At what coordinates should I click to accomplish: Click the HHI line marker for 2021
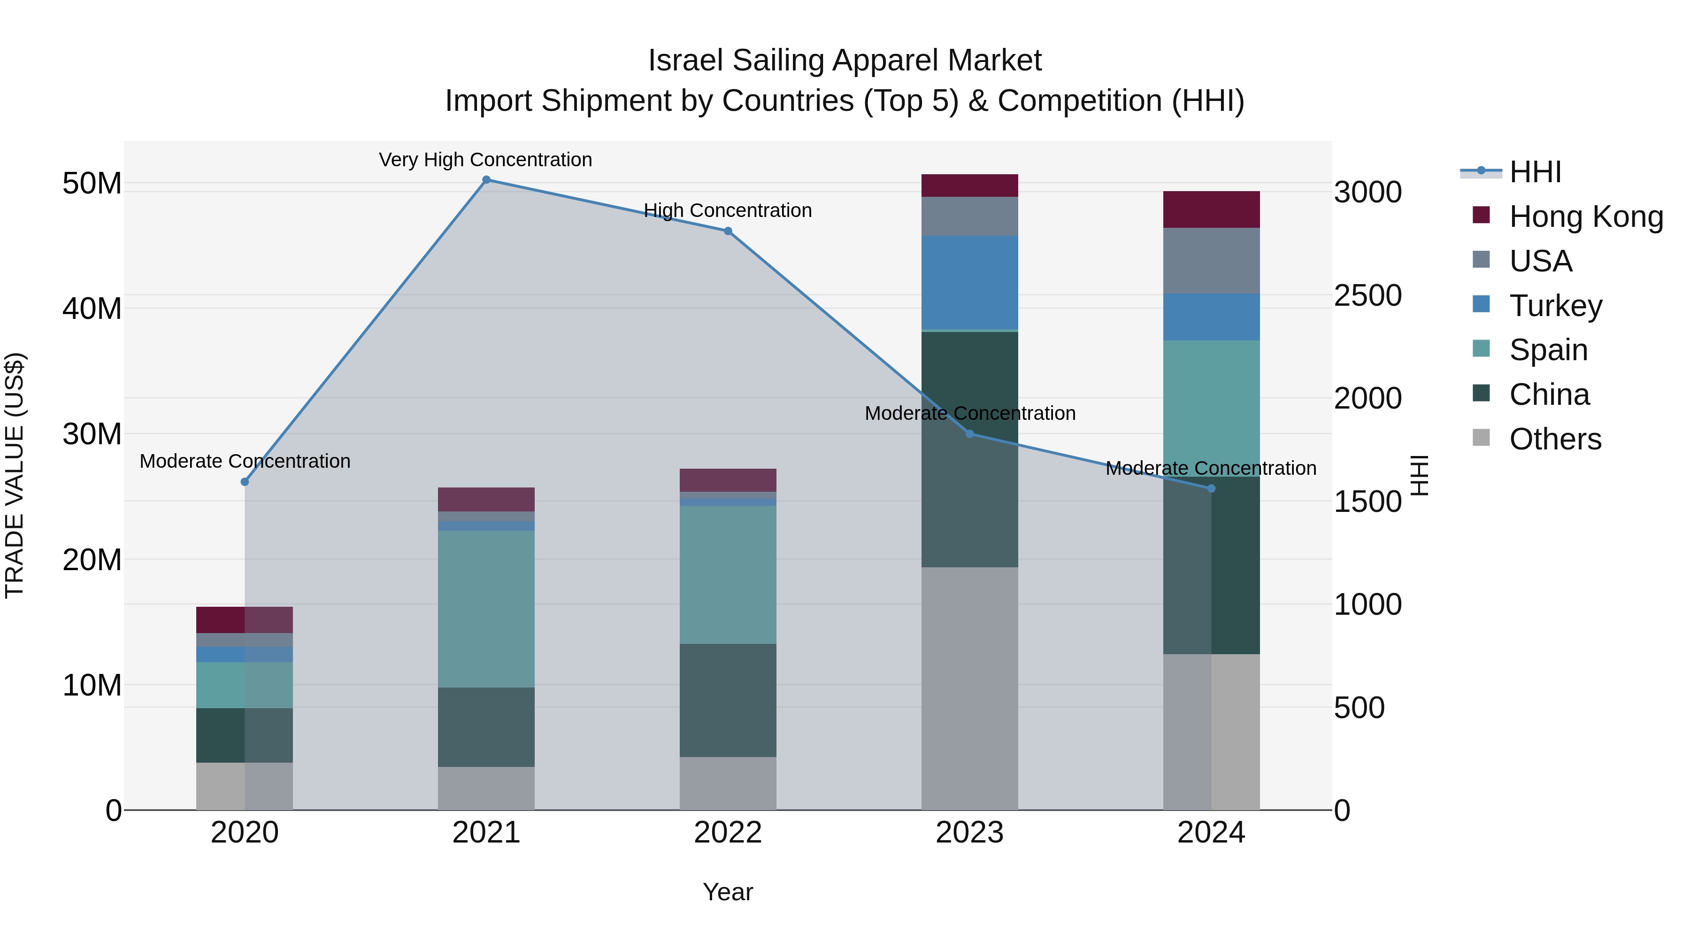pos(486,180)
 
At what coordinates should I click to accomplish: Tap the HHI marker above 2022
pos(728,231)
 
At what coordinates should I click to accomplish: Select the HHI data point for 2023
pos(970,434)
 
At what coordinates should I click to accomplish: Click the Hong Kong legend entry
pos(1586,216)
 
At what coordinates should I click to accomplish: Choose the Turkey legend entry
pos(1555,306)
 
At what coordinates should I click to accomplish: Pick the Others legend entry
pos(1555,439)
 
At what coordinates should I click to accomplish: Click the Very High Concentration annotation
pos(485,160)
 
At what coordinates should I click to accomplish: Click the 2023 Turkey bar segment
pos(970,282)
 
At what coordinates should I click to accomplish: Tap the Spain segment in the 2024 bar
pos(1211,407)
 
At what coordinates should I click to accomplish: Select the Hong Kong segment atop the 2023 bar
pos(970,186)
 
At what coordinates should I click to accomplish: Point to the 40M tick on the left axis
pos(92,309)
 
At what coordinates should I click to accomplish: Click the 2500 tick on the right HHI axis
pos(1368,295)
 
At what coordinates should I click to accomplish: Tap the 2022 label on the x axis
pos(728,833)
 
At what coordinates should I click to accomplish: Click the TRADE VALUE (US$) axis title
pos(15,475)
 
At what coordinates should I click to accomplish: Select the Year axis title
pos(728,892)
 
